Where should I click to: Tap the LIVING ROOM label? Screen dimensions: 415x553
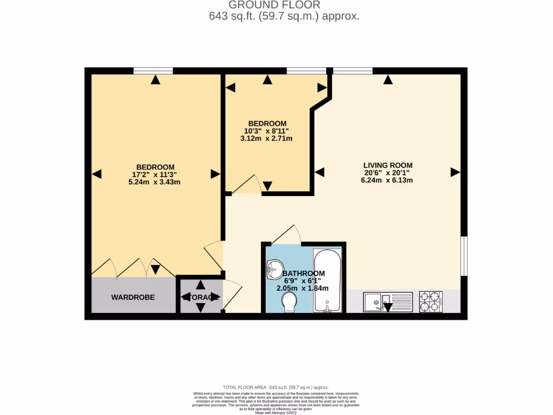388,165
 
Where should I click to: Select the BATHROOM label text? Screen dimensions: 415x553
304,273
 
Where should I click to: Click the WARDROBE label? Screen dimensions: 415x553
133,297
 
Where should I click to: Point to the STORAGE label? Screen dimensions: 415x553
200,297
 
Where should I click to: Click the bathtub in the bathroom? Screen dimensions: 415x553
328,280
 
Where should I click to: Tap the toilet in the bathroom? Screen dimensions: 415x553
290,302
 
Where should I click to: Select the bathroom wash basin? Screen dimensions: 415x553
275,268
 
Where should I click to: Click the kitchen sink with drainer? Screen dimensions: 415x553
387,300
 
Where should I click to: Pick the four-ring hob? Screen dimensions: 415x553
431,301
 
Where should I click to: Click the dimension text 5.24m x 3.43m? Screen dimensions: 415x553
154,182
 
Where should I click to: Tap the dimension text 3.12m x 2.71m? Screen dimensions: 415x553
266,138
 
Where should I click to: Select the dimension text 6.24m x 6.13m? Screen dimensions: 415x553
387,180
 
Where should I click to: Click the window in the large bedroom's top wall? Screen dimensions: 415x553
153,70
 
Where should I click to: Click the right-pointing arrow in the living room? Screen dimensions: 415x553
455,172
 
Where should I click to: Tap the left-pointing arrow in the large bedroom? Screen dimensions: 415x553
97,174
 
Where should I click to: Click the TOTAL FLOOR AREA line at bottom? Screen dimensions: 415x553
275,387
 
